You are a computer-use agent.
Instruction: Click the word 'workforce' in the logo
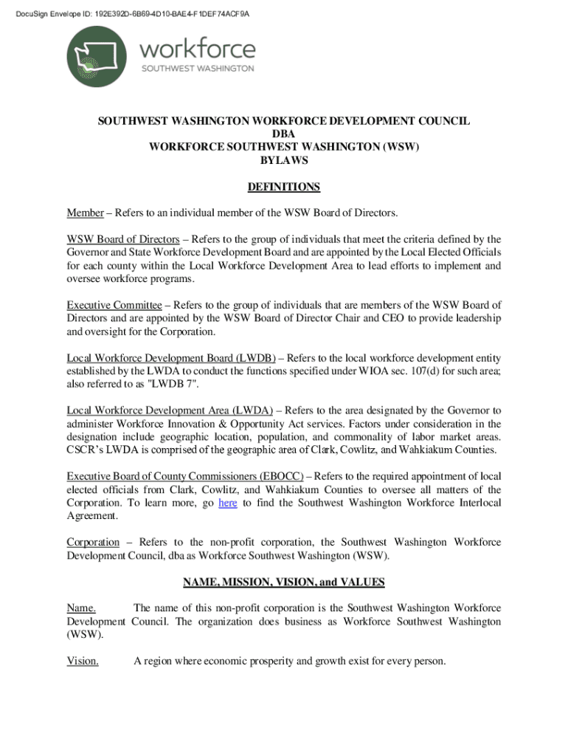[198, 49]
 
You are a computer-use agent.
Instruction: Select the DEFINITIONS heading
[284, 187]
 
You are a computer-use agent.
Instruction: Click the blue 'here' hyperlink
[228, 503]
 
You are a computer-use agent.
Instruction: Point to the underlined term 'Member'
[85, 213]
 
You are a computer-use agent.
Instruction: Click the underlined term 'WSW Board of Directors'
[123, 239]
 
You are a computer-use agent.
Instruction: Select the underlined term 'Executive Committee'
[114, 305]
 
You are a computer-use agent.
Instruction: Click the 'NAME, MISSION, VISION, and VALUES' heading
[284, 582]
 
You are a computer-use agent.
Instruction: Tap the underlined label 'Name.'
[81, 608]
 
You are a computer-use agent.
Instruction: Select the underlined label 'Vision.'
[83, 661]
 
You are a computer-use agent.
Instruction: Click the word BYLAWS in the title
[284, 160]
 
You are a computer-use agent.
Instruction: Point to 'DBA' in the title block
[284, 134]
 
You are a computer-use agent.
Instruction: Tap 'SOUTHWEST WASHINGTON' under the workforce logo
[198, 69]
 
